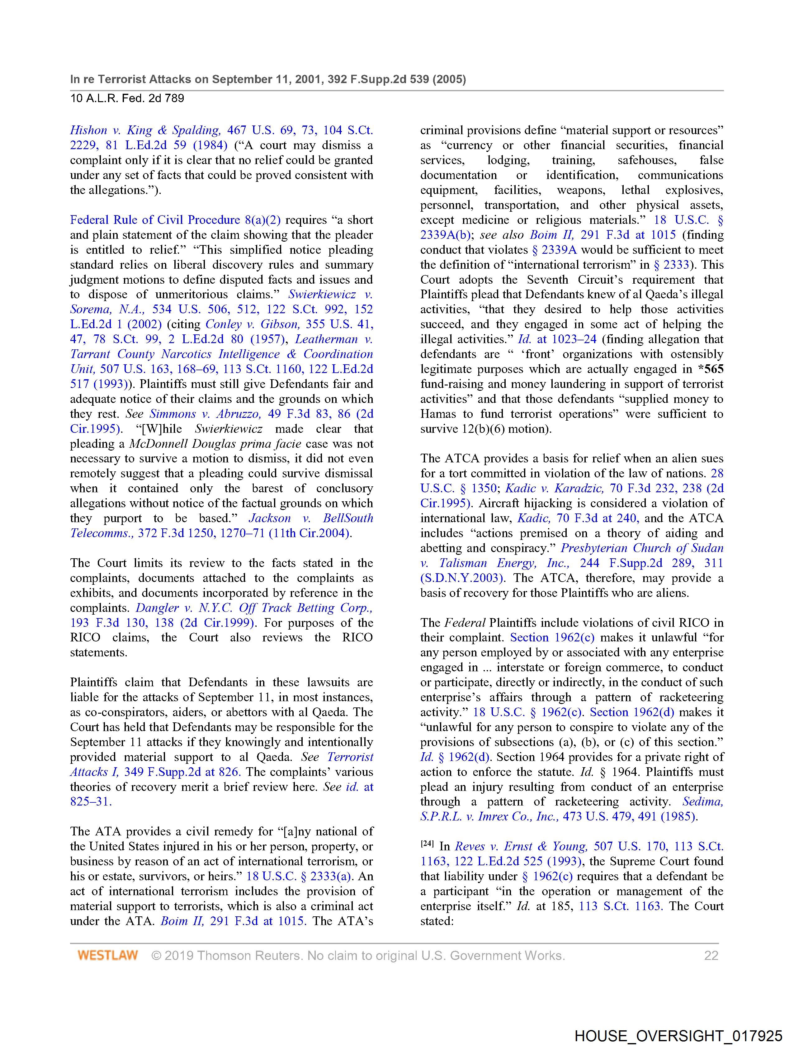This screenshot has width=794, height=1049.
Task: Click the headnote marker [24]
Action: click(x=427, y=845)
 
